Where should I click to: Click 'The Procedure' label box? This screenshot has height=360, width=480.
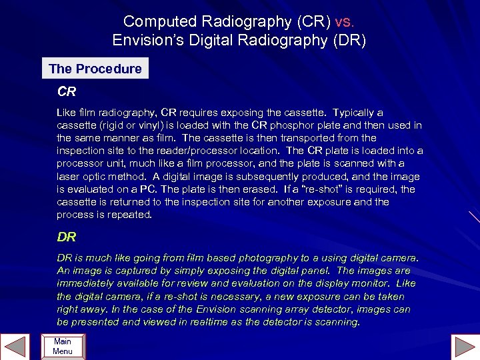click(x=95, y=69)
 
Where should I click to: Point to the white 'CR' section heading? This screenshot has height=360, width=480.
click(x=67, y=91)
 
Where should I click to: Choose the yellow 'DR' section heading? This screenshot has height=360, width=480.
click(x=67, y=237)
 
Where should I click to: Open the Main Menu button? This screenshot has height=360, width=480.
click(x=63, y=347)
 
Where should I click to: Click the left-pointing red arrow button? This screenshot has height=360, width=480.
click(x=15, y=347)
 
